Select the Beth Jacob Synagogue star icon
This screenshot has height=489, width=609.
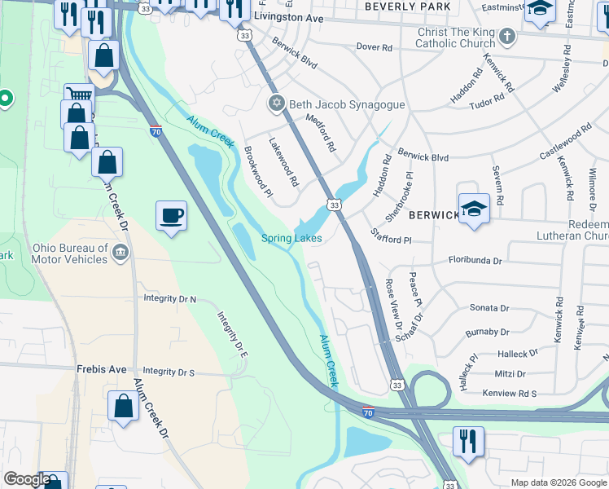277,104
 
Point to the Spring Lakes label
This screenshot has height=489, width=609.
291,238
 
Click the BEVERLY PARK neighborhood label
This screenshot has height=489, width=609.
407,7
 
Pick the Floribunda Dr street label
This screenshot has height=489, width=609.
475,260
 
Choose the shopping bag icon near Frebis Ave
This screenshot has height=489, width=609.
122,405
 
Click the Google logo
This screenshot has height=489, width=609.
26,479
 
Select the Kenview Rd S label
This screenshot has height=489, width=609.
510,394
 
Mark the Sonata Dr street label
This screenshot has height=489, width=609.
489,308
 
